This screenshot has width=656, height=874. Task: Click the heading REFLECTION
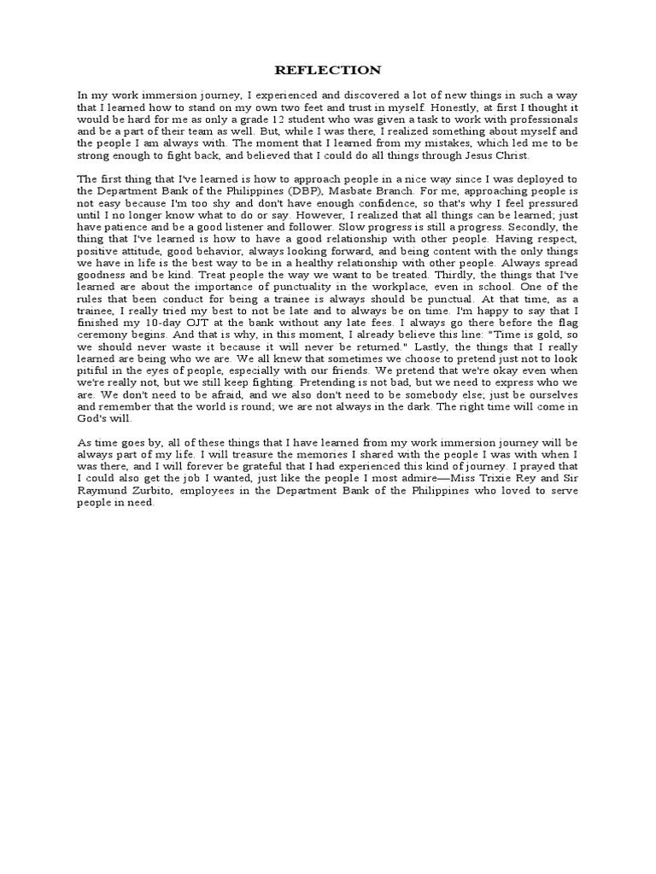click(x=328, y=70)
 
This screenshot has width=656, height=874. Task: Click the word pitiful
click(x=94, y=371)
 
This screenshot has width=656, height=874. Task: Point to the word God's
click(x=94, y=419)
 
